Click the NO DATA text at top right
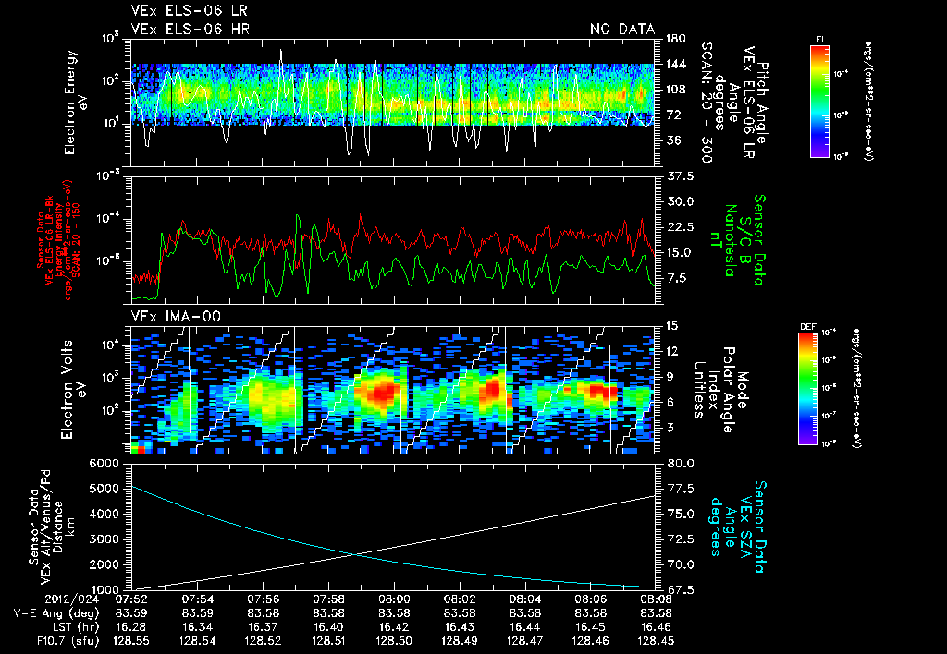(621, 29)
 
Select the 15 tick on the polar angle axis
(671, 325)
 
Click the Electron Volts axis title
(70, 387)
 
